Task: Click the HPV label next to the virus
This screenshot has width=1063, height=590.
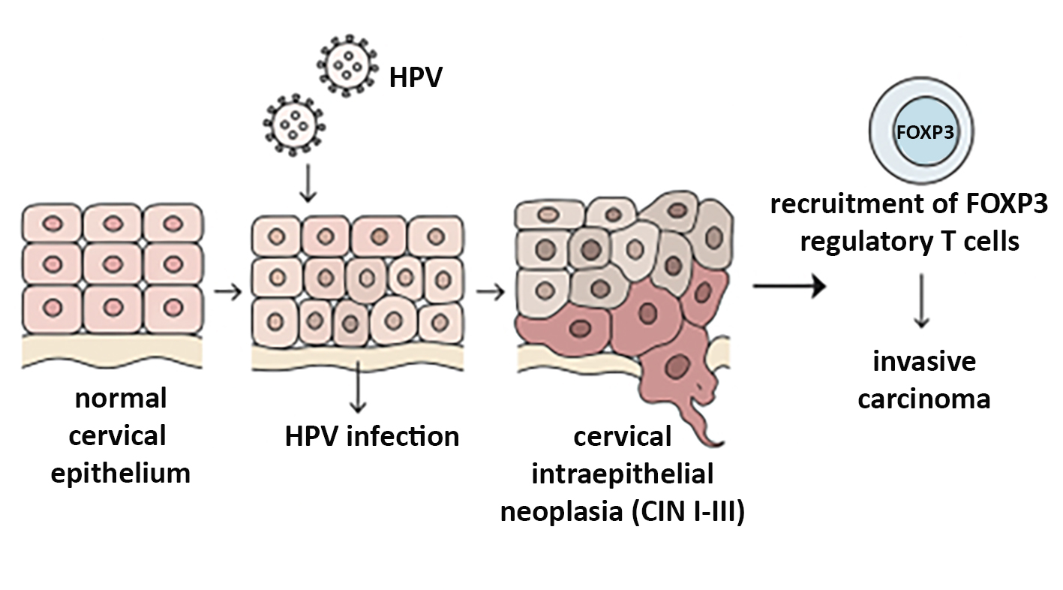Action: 415,77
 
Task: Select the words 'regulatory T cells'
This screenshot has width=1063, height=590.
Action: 909,242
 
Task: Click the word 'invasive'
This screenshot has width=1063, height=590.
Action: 924,362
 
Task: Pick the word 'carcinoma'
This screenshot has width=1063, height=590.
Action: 924,399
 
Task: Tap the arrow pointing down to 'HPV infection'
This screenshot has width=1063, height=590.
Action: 358,390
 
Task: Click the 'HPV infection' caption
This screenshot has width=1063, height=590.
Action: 372,435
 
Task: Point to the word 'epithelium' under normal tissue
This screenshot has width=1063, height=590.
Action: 121,474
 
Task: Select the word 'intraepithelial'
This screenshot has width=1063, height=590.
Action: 622,474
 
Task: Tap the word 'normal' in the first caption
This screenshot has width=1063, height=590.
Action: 121,399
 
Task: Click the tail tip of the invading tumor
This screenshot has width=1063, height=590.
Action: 722,442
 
